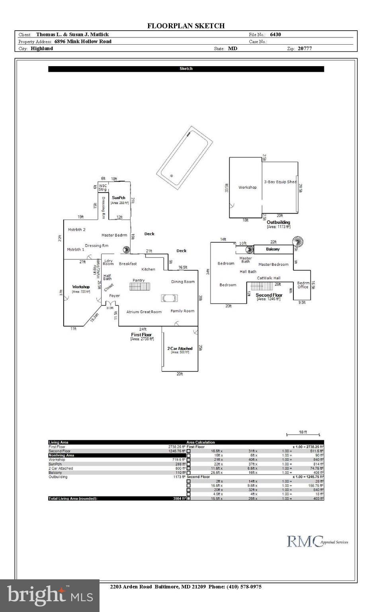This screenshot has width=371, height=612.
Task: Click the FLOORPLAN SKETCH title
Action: click(186, 26)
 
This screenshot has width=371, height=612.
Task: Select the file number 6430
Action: click(275, 35)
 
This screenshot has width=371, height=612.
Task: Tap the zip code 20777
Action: click(305, 49)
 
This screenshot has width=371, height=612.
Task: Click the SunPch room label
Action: click(119, 198)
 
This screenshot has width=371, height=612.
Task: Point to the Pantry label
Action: click(139, 280)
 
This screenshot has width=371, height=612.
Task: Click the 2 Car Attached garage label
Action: click(180, 348)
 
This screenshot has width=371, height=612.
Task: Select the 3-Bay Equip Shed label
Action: click(280, 182)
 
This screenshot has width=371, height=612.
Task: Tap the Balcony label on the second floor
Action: click(273, 249)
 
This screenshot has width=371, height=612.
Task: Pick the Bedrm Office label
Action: click(303, 285)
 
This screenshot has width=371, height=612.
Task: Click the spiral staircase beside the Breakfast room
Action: click(126, 250)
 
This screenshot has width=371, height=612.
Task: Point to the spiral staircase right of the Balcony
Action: click(297, 241)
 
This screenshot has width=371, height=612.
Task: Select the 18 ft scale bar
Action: click(303, 434)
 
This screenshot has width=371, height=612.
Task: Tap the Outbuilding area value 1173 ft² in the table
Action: click(179, 477)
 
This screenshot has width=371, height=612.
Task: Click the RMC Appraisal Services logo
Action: click(317, 541)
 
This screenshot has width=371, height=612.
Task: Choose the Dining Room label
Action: click(183, 282)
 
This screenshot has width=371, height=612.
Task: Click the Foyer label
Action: click(114, 296)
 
